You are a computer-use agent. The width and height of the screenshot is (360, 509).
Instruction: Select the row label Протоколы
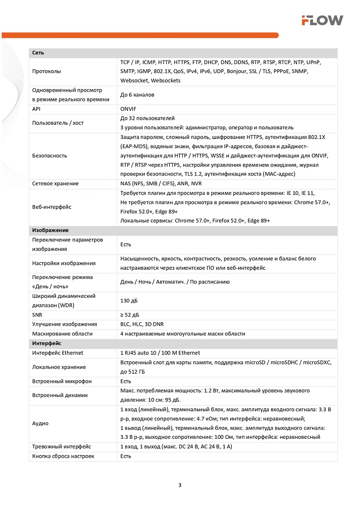click(46, 71)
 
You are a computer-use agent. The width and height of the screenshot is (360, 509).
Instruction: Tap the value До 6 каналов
click(137, 95)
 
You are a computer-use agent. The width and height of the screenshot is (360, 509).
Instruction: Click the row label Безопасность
click(49, 155)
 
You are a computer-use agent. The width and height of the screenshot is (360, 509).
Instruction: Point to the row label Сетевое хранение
click(54, 183)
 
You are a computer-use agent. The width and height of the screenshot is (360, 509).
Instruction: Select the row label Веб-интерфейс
click(51, 207)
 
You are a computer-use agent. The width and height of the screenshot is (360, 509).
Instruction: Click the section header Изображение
click(50, 231)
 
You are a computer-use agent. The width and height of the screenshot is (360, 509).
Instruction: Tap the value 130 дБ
click(129, 300)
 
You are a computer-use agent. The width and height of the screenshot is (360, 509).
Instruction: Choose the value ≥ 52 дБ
click(129, 315)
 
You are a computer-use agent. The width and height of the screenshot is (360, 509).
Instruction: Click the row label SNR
click(37, 315)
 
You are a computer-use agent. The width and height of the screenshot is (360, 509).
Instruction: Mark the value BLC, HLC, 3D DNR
click(142, 324)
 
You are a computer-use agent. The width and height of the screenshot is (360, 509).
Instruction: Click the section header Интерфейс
click(46, 344)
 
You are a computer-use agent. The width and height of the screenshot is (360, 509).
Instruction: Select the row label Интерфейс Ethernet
click(58, 353)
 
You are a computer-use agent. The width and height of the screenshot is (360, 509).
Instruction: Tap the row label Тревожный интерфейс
click(62, 446)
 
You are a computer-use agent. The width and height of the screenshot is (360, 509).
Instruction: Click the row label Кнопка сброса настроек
click(63, 456)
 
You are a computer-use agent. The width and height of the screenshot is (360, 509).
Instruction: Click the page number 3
click(180, 485)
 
